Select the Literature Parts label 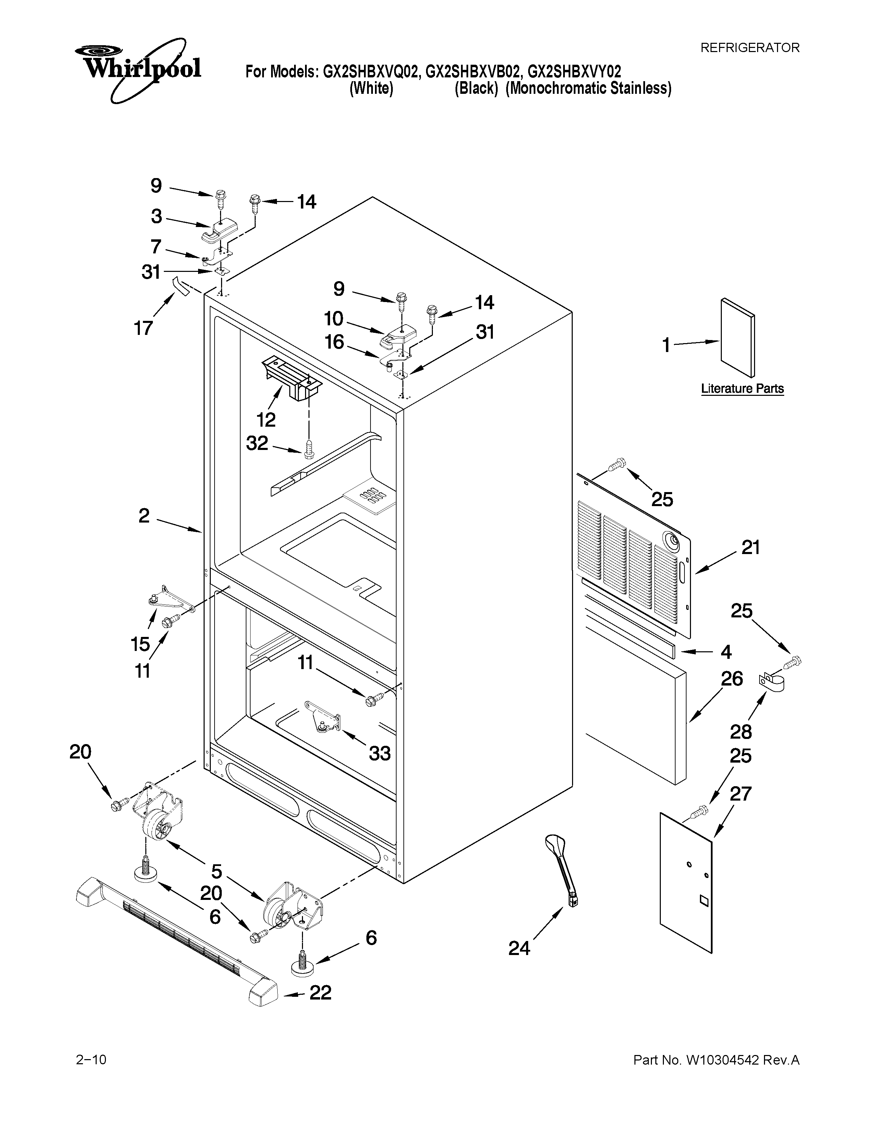pos(742,389)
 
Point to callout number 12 pos(266,419)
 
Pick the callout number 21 pos(750,548)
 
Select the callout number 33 pos(379,753)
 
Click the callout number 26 pos(732,679)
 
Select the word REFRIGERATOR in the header pos(750,48)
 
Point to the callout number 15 pos(140,644)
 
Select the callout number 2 pos(144,515)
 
